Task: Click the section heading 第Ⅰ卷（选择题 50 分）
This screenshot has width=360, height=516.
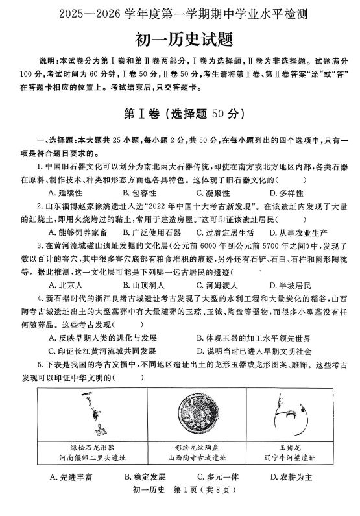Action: click(x=180, y=113)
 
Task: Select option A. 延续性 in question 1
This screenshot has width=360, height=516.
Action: click(x=66, y=192)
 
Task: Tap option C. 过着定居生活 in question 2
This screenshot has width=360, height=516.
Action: click(x=221, y=232)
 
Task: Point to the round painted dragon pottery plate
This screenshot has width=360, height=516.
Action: click(x=197, y=414)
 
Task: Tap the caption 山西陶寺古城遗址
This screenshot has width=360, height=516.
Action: click(x=197, y=457)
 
